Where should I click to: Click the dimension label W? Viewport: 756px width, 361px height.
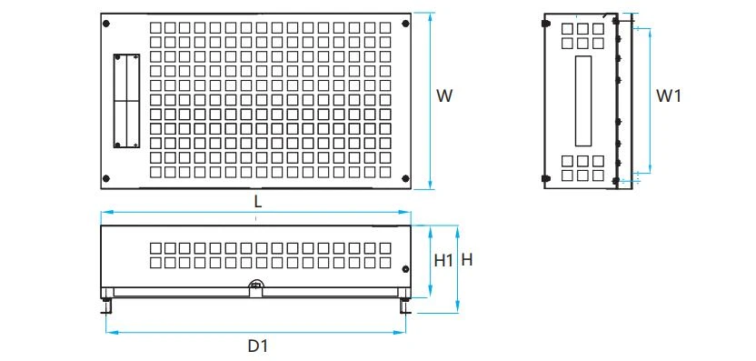pyautogui.click(x=444, y=95)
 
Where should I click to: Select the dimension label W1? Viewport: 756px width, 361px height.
pyautogui.click(x=669, y=95)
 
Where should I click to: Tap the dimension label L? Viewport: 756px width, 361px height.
pyautogui.click(x=258, y=202)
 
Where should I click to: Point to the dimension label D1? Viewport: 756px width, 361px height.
pyautogui.click(x=257, y=346)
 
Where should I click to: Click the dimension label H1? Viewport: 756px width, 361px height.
pyautogui.click(x=443, y=261)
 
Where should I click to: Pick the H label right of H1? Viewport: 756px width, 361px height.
pyautogui.click(x=467, y=260)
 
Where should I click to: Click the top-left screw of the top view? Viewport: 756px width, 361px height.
pyautogui.click(x=106, y=24)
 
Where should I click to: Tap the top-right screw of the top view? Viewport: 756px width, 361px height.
pyautogui.click(x=405, y=24)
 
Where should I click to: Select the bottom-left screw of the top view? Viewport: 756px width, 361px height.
pyautogui.click(x=106, y=178)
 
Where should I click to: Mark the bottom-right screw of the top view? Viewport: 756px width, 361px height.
pyautogui.click(x=405, y=178)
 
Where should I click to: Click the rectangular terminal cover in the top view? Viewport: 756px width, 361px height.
pyautogui.click(x=127, y=101)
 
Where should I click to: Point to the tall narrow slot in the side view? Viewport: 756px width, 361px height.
pyautogui.click(x=583, y=101)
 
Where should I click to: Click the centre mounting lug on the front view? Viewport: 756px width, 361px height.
pyautogui.click(x=256, y=286)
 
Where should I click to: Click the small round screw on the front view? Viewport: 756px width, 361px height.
pyautogui.click(x=405, y=269)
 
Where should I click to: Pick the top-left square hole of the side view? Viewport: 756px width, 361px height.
pyautogui.click(x=567, y=29)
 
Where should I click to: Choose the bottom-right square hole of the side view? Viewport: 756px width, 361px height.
pyautogui.click(x=598, y=175)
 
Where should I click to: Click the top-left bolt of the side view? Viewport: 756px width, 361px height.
pyautogui.click(x=546, y=23)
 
